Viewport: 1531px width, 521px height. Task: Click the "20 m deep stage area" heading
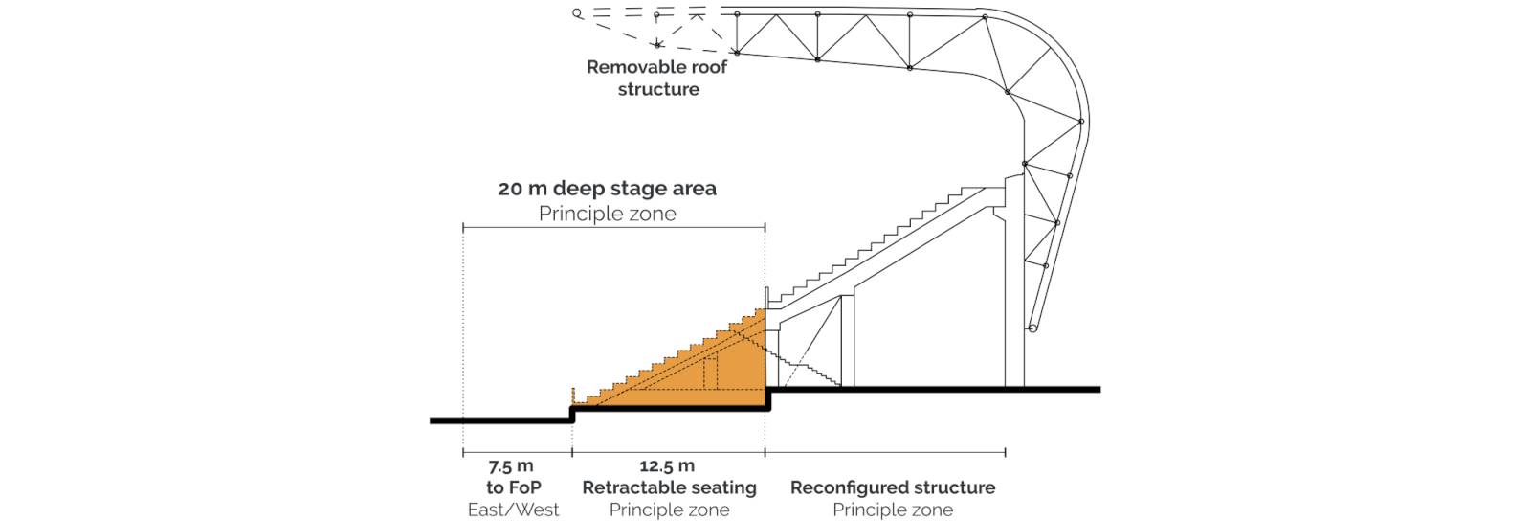607,188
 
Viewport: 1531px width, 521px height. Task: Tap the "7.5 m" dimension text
511,466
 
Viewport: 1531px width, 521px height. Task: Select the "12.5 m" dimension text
667,466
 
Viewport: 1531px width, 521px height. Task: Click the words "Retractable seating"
669,487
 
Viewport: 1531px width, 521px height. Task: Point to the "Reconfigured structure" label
893,487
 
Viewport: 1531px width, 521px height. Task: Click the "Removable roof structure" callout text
656,78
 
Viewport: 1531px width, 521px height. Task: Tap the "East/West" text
513,510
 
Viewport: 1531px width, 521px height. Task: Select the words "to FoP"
513,487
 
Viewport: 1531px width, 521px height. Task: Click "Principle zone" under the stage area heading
607,214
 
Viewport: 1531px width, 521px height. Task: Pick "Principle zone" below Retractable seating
669,510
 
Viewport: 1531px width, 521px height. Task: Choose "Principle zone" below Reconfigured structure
893,510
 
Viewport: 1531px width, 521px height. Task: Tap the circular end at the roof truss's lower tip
1032,328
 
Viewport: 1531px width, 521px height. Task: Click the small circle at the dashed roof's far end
578,13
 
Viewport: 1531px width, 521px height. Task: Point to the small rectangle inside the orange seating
711,374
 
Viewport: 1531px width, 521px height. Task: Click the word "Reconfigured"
844,488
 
